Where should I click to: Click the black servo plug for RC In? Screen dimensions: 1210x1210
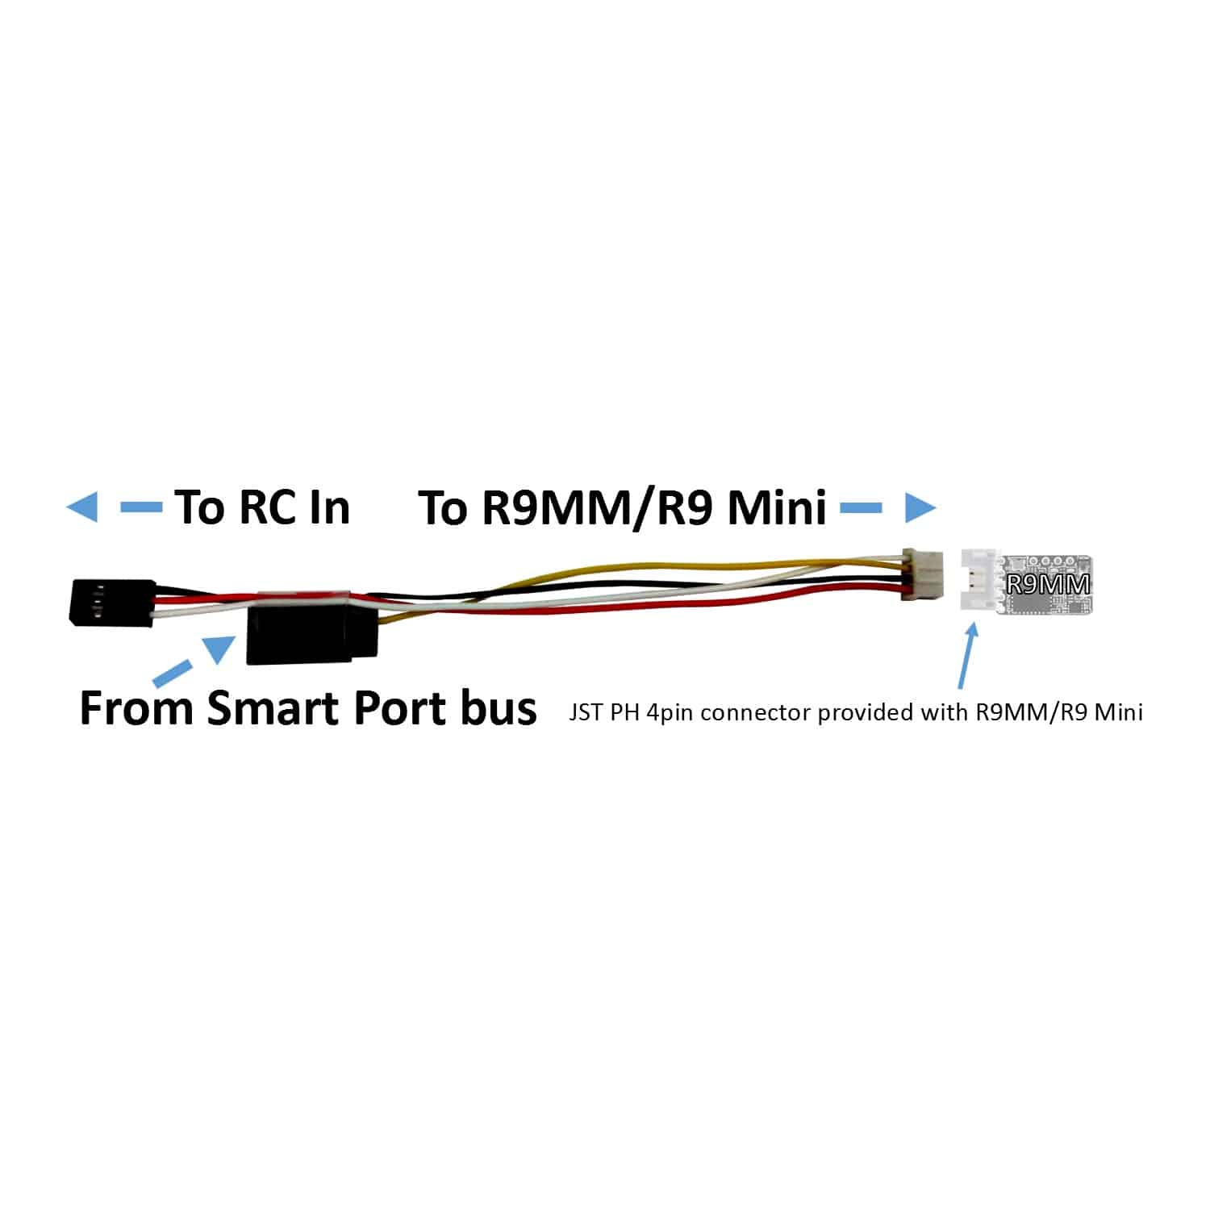point(112,602)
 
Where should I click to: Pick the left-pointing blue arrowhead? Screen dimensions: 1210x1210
point(81,507)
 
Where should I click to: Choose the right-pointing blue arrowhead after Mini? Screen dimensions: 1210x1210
point(920,507)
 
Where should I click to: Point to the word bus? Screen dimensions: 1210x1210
point(502,708)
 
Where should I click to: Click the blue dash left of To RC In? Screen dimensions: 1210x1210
point(141,507)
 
